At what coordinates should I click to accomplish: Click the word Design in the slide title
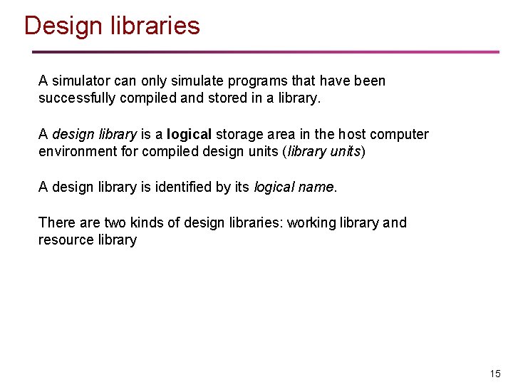click(64, 26)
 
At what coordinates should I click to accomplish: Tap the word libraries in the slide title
click(155, 26)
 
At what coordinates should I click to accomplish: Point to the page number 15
click(495, 374)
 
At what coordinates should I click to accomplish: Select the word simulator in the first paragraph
click(81, 81)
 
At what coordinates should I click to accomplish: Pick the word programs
click(264, 81)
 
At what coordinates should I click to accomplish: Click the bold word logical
click(189, 135)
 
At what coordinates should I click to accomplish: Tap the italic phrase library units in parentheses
click(324, 152)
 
